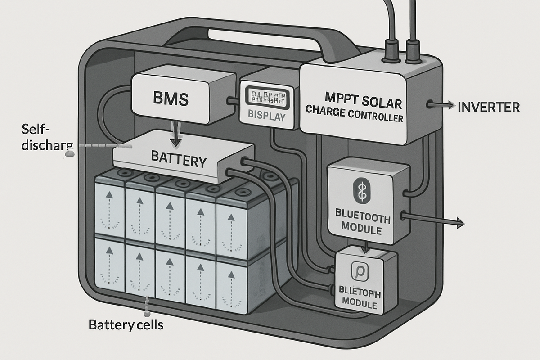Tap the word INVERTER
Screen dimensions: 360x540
coord(488,107)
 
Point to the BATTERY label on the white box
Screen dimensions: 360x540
coord(179,160)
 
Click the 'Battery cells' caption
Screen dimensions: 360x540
coord(126,324)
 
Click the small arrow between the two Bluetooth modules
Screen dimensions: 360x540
coord(365,246)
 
